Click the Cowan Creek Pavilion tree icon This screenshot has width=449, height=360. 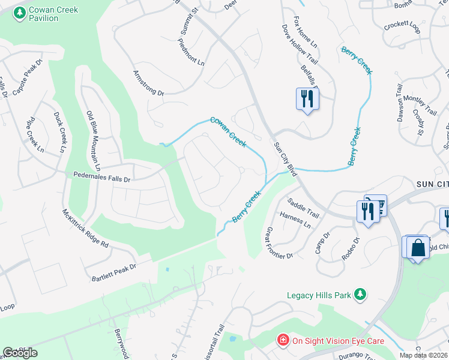pos(20,11)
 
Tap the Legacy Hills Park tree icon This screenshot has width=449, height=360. pos(360,294)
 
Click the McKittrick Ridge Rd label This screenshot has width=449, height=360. pos(85,229)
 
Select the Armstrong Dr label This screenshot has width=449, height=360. pos(148,83)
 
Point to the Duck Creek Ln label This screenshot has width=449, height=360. pos(61,132)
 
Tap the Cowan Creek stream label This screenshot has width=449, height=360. pos(228,131)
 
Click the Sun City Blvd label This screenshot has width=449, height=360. pos(285,159)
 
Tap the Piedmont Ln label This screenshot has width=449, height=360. pos(191,53)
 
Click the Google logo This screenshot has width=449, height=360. pos(20,352)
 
